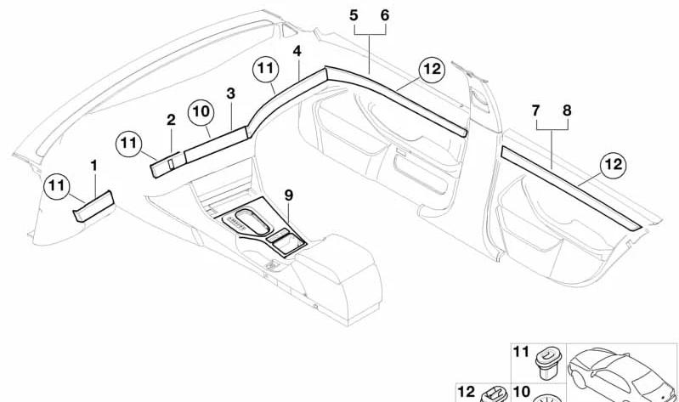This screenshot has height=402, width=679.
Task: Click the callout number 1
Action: point(93,166)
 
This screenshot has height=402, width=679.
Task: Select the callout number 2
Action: point(172,120)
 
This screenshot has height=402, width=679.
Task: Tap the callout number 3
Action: point(231,93)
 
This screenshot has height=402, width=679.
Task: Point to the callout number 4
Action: point(297,51)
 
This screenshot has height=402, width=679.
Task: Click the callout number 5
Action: point(354,15)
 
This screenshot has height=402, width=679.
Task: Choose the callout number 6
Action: point(385,15)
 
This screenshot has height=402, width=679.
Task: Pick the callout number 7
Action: point(536,110)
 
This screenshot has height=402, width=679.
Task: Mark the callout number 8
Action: point(568,110)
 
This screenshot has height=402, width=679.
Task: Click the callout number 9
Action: point(289,195)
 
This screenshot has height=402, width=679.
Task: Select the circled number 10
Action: point(201,112)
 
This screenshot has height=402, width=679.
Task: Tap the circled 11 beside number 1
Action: point(57,186)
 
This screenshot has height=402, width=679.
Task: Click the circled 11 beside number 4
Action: point(266,69)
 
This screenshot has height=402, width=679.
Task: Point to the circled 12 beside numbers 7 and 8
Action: point(614,165)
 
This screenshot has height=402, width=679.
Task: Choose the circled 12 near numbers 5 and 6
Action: point(433,69)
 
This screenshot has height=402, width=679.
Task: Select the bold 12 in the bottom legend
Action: point(467,392)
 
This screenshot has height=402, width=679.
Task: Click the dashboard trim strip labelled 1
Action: point(94,207)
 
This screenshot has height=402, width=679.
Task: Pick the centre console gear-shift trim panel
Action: point(265,228)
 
